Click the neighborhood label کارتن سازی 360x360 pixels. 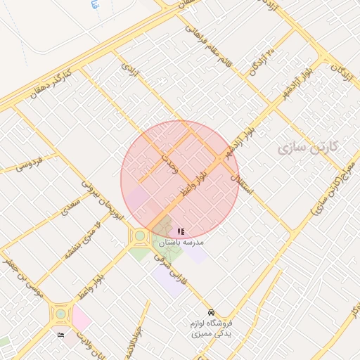[x=308, y=147]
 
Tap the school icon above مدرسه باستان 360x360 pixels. [x=181, y=231]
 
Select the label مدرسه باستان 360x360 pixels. [x=179, y=242]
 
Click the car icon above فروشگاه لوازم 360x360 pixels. [x=211, y=312]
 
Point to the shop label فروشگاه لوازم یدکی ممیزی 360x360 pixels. [x=211, y=328]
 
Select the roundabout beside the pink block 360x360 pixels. [x=58, y=312]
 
